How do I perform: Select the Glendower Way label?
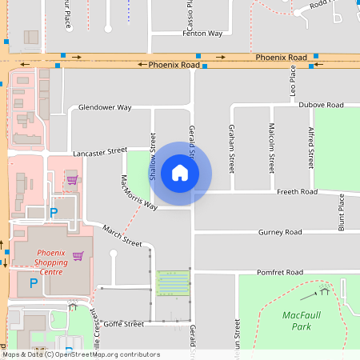point(104,107)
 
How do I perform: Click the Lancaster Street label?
point(100,150)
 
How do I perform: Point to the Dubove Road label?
point(321,105)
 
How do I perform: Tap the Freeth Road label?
point(297,192)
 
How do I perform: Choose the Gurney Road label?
point(280,232)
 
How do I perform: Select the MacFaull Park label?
point(302,320)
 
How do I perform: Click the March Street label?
point(122,236)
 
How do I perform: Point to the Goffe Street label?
point(123,324)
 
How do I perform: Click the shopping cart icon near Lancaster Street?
point(71,178)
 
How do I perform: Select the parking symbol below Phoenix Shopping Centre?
point(34,282)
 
